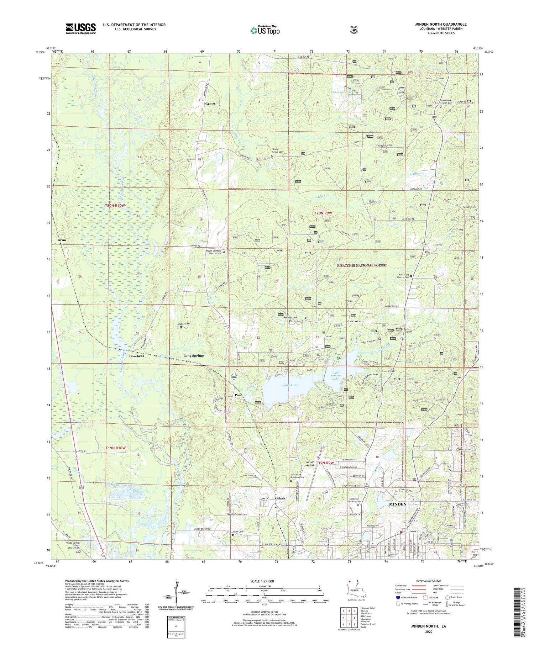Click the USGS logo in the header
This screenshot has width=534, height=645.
80,28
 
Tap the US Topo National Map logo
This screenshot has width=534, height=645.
265,30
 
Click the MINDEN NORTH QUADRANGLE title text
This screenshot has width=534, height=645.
441,24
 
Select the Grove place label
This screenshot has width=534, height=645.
210,104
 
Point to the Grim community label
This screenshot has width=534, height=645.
62,240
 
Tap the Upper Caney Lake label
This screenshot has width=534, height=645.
336,376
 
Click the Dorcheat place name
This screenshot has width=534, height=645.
136,356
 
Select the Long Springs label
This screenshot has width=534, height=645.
194,356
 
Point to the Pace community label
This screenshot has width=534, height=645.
238,395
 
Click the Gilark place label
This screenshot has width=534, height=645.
280,498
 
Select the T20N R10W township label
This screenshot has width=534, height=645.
115,206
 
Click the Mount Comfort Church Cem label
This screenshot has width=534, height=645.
214,252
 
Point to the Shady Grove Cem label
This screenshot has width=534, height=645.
277,150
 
